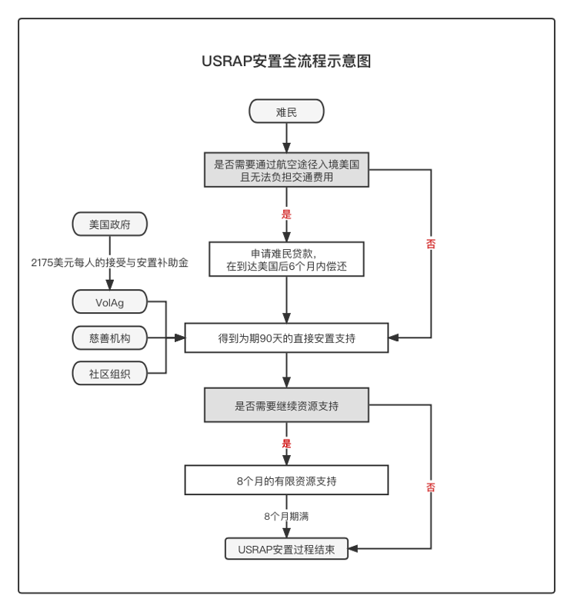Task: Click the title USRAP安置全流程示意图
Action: [286, 62]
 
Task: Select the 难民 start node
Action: [286, 111]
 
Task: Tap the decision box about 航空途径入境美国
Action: [286, 170]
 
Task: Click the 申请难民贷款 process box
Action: [286, 259]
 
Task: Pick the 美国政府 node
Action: [109, 225]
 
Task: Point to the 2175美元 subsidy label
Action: [110, 262]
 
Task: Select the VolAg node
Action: [109, 302]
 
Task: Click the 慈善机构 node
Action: [109, 338]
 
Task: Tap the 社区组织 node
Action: [109, 374]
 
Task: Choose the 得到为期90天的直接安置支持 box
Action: [286, 338]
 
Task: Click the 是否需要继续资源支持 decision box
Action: [286, 405]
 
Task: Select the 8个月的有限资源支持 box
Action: [286, 481]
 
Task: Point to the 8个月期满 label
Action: [286, 517]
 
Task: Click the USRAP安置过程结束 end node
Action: [286, 550]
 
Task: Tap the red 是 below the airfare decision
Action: [287, 215]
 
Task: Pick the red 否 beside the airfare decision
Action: [430, 244]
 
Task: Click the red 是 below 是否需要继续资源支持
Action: [287, 444]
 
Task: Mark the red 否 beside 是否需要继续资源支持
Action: [430, 487]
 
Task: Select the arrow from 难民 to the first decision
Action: [286, 137]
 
